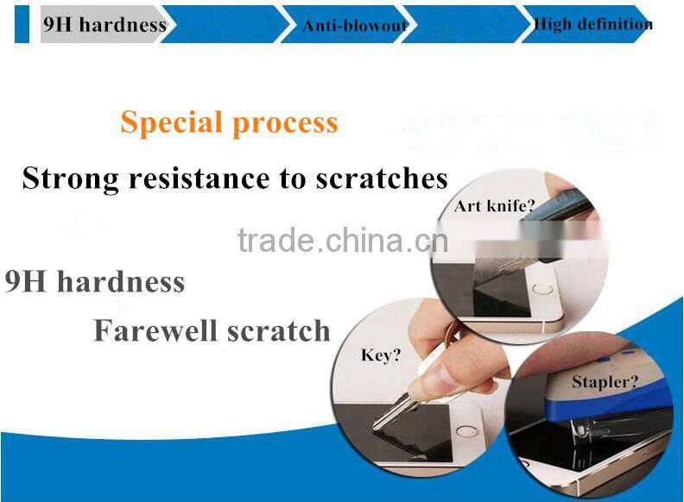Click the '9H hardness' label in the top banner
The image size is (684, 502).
tap(104, 24)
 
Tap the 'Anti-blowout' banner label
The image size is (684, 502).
tap(354, 26)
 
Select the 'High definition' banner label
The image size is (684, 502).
tap(592, 24)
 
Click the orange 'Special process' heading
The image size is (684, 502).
tap(229, 122)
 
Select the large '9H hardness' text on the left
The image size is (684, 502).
tap(94, 282)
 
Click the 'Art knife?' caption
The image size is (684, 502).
tap(495, 206)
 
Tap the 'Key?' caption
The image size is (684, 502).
tap(381, 355)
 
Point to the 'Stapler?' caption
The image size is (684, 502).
tap(605, 381)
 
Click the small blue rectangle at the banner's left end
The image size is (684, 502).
tap(22, 23)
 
